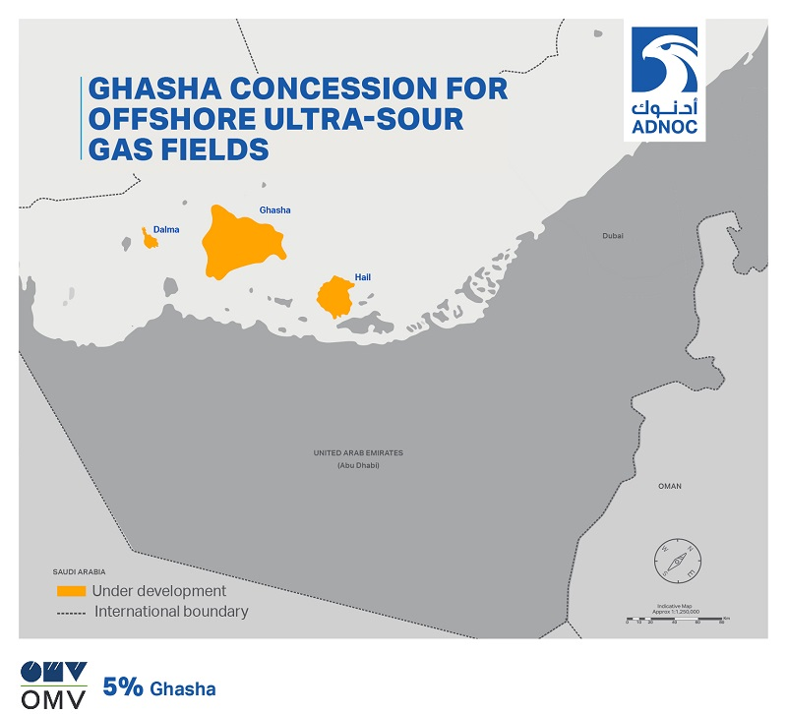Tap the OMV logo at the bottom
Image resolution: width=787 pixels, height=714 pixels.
pos(54,685)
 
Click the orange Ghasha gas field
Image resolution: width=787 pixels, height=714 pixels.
pos(240,242)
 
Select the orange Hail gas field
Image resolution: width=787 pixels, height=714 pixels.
pos(335,296)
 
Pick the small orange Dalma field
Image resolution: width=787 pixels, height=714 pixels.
pos(150,239)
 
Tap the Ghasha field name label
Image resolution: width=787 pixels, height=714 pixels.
pos(274,210)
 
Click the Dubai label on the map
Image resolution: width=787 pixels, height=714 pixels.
pos(613,236)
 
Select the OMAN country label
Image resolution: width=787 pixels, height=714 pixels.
pos(670,486)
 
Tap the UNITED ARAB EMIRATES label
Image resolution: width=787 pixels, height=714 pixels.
pos(358,453)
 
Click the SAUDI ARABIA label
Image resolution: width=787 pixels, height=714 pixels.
pos(79,570)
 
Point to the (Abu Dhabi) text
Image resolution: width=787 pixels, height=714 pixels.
pos(358,465)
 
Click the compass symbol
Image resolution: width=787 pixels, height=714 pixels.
pos(677,561)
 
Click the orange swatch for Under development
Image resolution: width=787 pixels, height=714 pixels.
pos(71,591)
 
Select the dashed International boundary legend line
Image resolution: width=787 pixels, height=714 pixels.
pos(71,612)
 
